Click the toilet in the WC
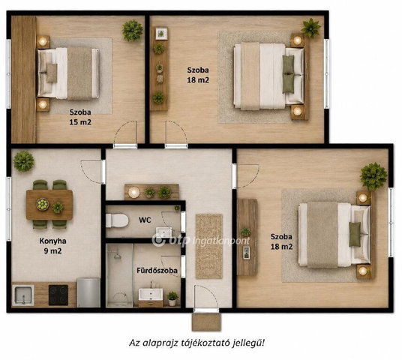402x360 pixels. (x=117, y=220)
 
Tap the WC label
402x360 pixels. (x=145, y=220)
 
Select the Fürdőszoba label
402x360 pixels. (x=157, y=271)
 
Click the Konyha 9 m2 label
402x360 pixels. (x=52, y=246)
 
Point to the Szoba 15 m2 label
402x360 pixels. (x=80, y=117)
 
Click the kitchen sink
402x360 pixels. (x=23, y=295)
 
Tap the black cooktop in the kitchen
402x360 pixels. (x=58, y=295)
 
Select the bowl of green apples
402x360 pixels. (x=42, y=204)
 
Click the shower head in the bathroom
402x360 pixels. (x=117, y=256)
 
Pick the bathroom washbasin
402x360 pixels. (x=151, y=294)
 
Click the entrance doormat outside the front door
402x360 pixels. (x=206, y=322)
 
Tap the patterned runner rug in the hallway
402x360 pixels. (x=209, y=246)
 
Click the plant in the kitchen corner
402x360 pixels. (x=23, y=161)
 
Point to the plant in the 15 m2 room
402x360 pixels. (x=132, y=31)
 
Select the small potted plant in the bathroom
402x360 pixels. (x=172, y=298)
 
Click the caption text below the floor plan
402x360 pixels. (x=196, y=343)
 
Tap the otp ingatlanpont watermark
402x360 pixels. (x=201, y=240)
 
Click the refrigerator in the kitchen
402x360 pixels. (x=88, y=292)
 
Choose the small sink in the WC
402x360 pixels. (x=164, y=232)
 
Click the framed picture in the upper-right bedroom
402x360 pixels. (x=161, y=34)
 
